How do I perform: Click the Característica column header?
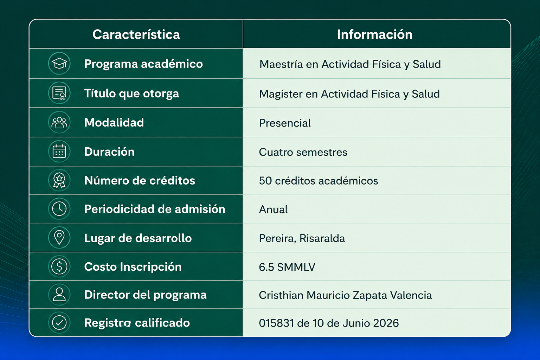[136, 34]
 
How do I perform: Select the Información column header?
[375, 34]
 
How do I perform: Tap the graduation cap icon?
[59, 63]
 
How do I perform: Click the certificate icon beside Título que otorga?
[59, 93]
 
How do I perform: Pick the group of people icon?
[59, 122]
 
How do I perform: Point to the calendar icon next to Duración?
[59, 152]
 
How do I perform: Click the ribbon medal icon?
[59, 180]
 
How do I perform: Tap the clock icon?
[59, 208]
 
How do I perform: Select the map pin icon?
[59, 238]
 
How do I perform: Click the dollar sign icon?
[59, 266]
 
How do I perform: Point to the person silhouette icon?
[59, 294]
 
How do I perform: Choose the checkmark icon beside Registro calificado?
[59, 323]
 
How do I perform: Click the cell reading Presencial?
[285, 123]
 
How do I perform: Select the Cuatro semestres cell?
[303, 152]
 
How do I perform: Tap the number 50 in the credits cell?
[265, 181]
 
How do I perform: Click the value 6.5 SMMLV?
[287, 267]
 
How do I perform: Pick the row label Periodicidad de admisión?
[155, 209]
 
